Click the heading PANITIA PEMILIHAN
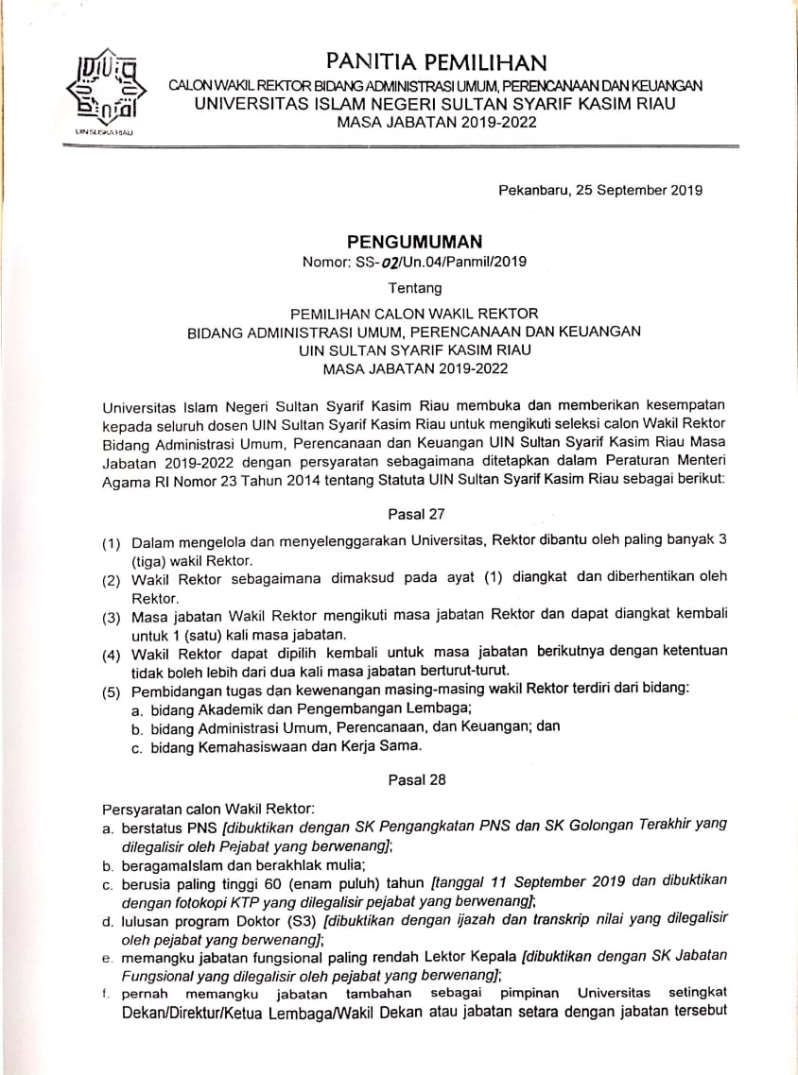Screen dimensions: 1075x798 [x=436, y=63]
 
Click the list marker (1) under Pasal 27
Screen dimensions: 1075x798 [x=113, y=545]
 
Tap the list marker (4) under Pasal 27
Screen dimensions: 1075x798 [x=113, y=654]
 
